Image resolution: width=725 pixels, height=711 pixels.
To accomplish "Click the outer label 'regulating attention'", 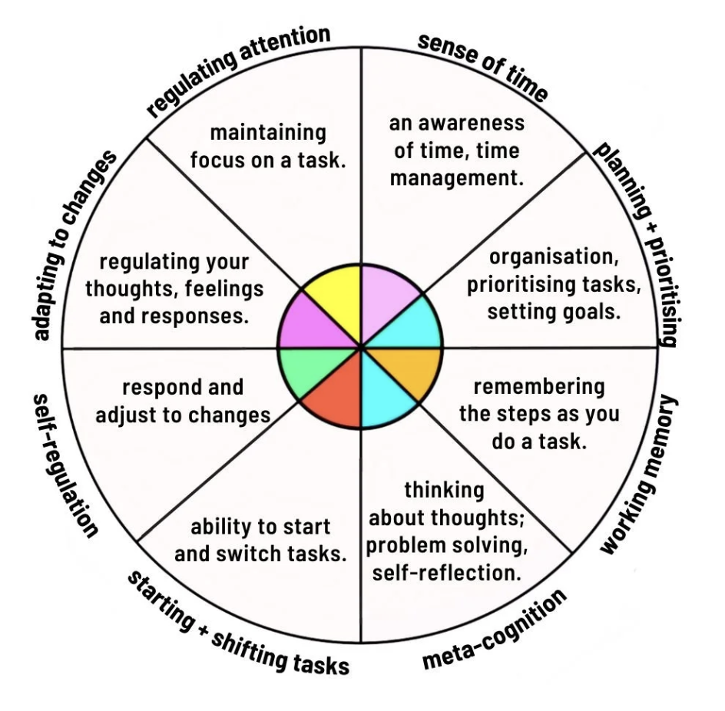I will pyautogui.click(x=238, y=70).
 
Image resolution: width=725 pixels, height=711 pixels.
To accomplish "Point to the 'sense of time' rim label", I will pyautogui.click(x=483, y=67).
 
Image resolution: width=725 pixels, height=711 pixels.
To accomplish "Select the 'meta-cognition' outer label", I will pyautogui.click(x=495, y=629).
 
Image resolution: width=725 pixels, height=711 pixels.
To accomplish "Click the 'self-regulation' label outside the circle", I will pyautogui.click(x=65, y=465).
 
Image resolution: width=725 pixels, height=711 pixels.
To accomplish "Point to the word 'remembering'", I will pyautogui.click(x=538, y=387).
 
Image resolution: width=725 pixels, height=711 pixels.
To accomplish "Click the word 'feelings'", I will pyautogui.click(x=227, y=289).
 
